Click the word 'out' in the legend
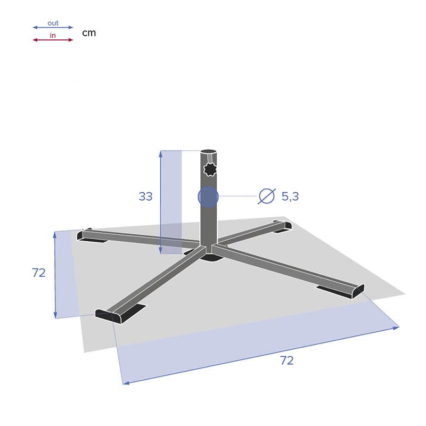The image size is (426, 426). [x=53, y=23]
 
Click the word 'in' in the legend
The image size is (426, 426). [x=53, y=36]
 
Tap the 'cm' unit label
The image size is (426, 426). [x=89, y=33]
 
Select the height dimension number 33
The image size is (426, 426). [x=145, y=196]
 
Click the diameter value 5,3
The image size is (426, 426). [x=290, y=196]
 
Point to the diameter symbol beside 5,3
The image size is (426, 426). [x=266, y=196]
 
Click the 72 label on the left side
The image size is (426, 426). [x=39, y=273]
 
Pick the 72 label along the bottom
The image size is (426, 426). [x=286, y=361]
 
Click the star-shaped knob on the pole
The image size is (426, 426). [x=211, y=169]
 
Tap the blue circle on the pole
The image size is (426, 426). [x=208, y=196]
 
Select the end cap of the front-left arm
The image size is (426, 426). [x=109, y=315]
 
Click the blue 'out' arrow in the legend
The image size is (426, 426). [x=53, y=28]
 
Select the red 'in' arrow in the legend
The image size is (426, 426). [x=53, y=40]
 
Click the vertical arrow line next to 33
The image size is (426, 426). [x=160, y=202]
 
